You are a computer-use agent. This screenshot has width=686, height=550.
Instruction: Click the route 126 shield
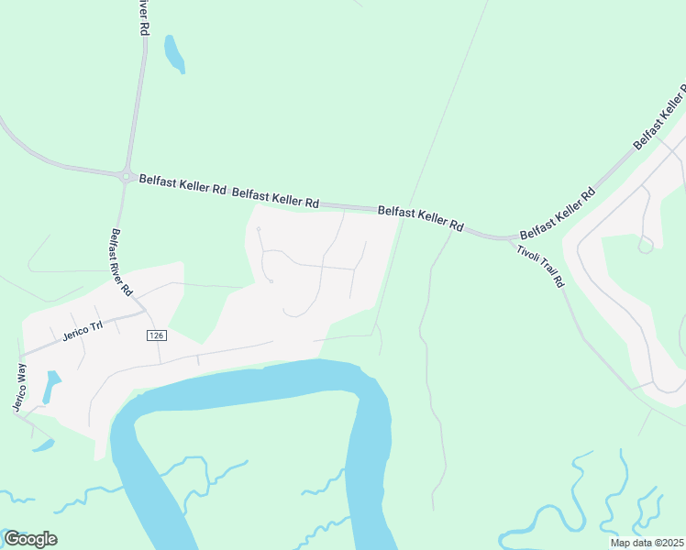pyautogui.click(x=156, y=336)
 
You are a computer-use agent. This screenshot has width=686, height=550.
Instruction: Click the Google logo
pyautogui.click(x=30, y=539)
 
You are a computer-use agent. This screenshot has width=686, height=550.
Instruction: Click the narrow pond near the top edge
pyautogui.click(x=173, y=54)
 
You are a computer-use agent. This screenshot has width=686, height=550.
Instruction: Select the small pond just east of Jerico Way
pyautogui.click(x=51, y=388)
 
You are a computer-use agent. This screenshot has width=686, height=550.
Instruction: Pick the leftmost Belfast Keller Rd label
pyautogui.click(x=183, y=185)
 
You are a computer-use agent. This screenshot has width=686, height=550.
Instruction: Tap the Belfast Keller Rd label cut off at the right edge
pyautogui.click(x=660, y=116)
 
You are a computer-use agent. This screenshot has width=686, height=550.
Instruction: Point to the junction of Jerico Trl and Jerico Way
pyautogui.click(x=20, y=356)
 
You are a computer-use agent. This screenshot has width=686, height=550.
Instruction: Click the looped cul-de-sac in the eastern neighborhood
pyautogui.click(x=646, y=244)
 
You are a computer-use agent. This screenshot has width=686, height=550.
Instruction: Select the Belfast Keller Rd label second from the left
pyautogui.click(x=275, y=197)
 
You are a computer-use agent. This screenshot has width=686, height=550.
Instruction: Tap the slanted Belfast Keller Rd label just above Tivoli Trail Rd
pyautogui.click(x=558, y=211)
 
